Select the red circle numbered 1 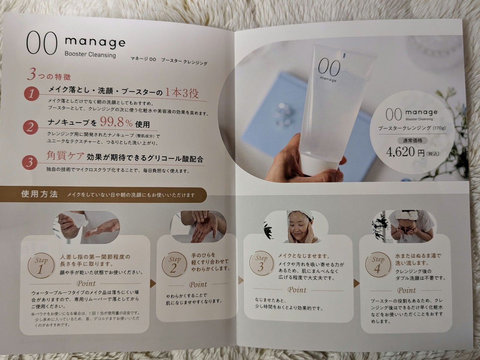31,94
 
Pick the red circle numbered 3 30,162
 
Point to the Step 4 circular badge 378,264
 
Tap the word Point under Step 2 198,284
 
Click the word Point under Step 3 297,290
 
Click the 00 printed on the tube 329,68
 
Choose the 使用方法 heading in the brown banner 39,194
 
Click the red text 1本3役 181,93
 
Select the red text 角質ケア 65,156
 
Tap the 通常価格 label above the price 412,140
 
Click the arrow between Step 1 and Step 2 153,283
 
